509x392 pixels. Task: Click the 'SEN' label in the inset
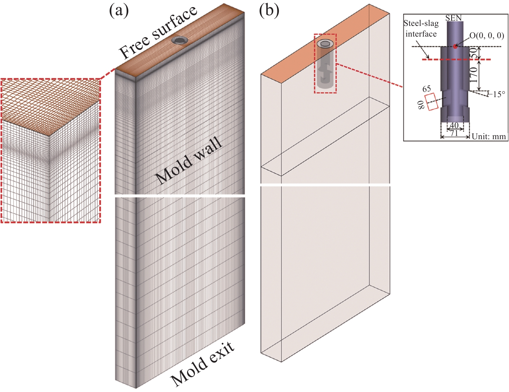click(453, 18)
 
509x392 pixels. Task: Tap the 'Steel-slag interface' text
click(421, 28)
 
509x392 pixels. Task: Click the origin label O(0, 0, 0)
click(487, 35)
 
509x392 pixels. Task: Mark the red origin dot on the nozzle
click(455, 47)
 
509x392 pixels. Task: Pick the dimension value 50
click(473, 52)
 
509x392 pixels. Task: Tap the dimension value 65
click(427, 89)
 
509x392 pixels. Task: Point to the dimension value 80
click(421, 105)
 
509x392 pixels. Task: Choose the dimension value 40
click(454, 125)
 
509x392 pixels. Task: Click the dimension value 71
click(454, 133)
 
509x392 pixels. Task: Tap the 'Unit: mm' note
click(489, 136)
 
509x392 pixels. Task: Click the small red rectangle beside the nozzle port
click(431, 102)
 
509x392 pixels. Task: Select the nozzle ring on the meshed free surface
click(179, 40)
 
